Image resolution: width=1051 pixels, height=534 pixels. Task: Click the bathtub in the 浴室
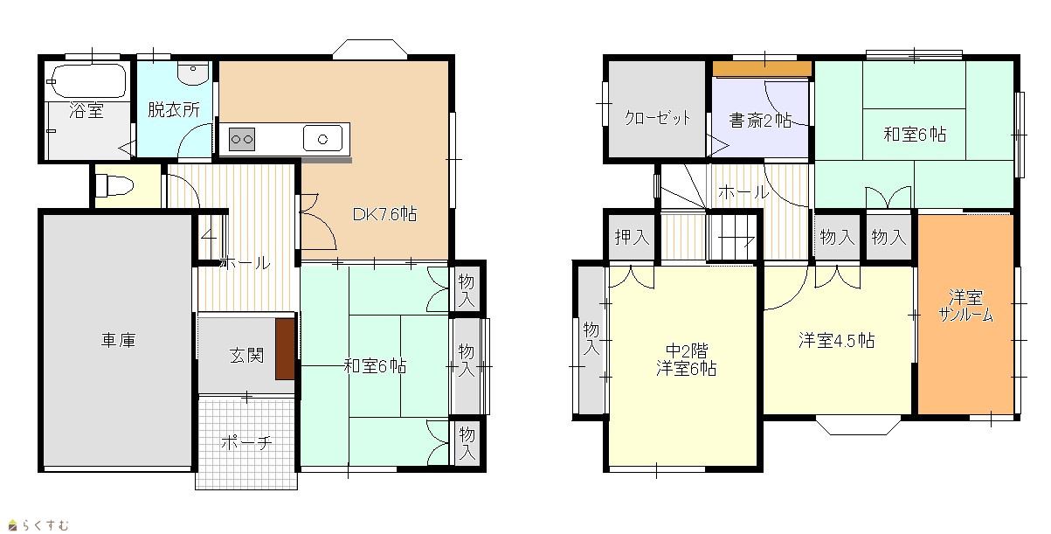[87, 80]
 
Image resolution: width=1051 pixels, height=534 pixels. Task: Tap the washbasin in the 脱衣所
[194, 73]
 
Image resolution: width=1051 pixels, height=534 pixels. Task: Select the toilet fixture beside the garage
[114, 185]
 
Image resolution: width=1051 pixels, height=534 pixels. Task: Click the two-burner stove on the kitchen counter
[242, 139]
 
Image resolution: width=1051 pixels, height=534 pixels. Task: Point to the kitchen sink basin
[322, 138]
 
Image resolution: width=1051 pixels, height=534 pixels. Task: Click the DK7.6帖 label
[384, 214]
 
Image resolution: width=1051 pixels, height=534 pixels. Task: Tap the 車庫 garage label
[118, 340]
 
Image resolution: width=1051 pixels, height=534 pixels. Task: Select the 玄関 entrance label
[246, 356]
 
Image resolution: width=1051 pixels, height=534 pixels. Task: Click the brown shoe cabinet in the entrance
[285, 349]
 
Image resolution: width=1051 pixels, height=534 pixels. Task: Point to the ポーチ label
[246, 442]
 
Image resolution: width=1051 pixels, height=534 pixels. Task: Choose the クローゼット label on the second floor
[657, 117]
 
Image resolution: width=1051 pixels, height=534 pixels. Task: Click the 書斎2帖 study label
[760, 121]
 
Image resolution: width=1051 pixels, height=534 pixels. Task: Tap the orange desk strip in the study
[763, 68]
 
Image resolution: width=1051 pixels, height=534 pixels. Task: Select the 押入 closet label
[632, 238]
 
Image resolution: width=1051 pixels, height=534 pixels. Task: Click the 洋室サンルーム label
[966, 306]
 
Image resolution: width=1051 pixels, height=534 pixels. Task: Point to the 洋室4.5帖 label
[837, 341]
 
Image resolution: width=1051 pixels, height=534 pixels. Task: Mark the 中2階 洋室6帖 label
[687, 360]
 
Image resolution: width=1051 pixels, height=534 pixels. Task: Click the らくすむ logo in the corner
[39, 524]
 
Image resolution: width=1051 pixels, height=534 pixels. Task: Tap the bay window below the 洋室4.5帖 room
[858, 425]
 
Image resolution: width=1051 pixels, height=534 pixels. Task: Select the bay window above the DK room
[370, 49]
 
